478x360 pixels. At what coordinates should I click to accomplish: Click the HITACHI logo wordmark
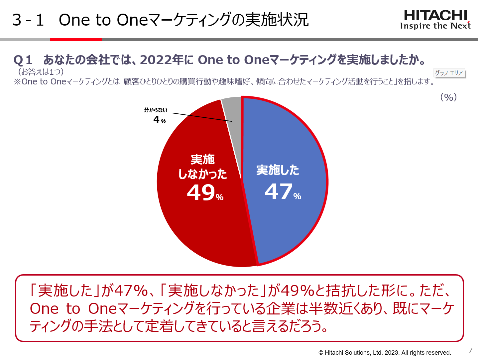(435, 15)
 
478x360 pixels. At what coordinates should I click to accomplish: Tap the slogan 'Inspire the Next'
(435, 26)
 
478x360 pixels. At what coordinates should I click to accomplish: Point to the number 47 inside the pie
(279, 192)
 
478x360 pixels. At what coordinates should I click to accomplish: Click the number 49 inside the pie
(201, 192)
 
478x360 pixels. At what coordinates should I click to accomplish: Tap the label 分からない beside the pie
(156, 110)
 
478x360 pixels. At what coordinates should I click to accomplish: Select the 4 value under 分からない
(157, 119)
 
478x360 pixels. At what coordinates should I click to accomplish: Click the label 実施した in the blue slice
(278, 170)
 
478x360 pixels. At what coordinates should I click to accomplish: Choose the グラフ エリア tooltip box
(449, 73)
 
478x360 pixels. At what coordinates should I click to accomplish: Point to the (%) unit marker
(448, 97)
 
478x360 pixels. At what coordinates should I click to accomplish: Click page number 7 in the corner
(470, 350)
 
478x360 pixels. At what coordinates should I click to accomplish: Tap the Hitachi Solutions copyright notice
(385, 353)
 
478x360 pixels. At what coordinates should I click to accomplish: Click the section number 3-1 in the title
(28, 20)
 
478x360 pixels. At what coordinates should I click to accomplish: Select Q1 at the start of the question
(23, 60)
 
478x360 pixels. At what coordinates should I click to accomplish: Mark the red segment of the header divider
(76, 40)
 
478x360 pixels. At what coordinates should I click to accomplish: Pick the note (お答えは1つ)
(41, 71)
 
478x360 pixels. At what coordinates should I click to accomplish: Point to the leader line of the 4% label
(202, 117)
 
